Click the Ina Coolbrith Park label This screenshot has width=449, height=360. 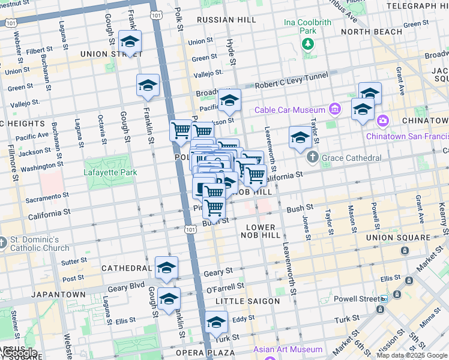(307, 26)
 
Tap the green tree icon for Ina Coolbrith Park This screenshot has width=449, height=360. (308, 43)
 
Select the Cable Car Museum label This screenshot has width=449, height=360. (289, 109)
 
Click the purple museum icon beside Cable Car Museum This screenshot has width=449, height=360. (335, 109)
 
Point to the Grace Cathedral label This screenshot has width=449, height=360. (351, 158)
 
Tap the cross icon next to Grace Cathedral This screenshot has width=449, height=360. (312, 158)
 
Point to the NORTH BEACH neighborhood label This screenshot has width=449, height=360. (371, 31)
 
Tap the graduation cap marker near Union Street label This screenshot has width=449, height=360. (130, 42)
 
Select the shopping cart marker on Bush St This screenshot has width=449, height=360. (214, 208)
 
